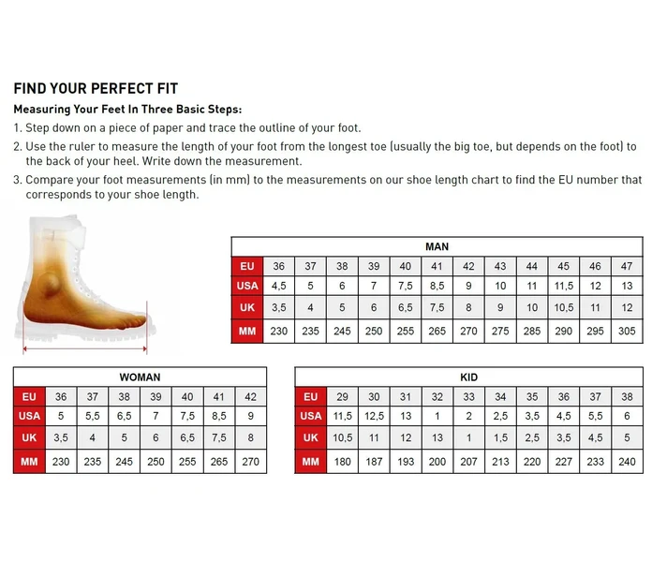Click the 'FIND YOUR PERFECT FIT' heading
pyautogui.click(x=96, y=89)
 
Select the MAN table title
pyautogui.click(x=437, y=246)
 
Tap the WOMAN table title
pyautogui.click(x=140, y=377)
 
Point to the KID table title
pyautogui.click(x=468, y=377)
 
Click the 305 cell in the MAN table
pyautogui.click(x=627, y=331)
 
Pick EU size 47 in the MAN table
pyautogui.click(x=627, y=266)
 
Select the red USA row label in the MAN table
pyautogui.click(x=247, y=286)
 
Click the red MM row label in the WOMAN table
pyautogui.click(x=29, y=462)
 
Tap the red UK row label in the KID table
pyautogui.click(x=311, y=437)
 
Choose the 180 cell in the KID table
pyautogui.click(x=342, y=462)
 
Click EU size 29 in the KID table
pyautogui.click(x=342, y=396)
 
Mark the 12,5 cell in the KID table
pyautogui.click(x=374, y=416)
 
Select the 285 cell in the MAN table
pyautogui.click(x=532, y=331)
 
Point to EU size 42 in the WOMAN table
pyautogui.click(x=250, y=396)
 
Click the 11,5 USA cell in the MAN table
pyautogui.click(x=563, y=286)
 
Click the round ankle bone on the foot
pyautogui.click(x=49, y=284)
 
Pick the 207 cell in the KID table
pyautogui.click(x=468, y=462)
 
